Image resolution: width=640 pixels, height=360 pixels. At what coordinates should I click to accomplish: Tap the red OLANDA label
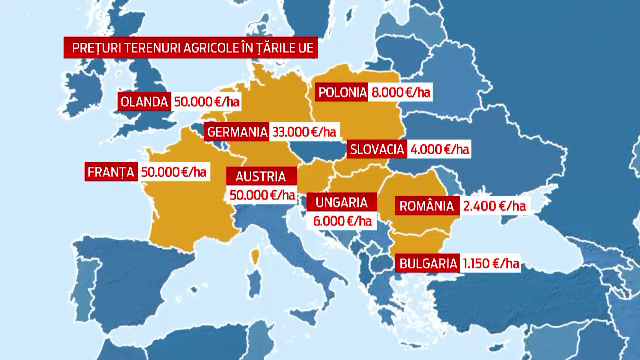[142, 102]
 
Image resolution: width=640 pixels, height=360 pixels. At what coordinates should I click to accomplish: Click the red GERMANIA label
[237, 132]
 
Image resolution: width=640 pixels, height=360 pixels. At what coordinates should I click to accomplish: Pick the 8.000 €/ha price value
[402, 93]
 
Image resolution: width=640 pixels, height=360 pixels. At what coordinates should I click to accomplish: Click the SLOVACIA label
[377, 149]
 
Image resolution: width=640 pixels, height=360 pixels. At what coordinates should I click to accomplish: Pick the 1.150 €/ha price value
[490, 263]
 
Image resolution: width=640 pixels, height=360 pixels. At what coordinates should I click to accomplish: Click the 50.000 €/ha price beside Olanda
[206, 102]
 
